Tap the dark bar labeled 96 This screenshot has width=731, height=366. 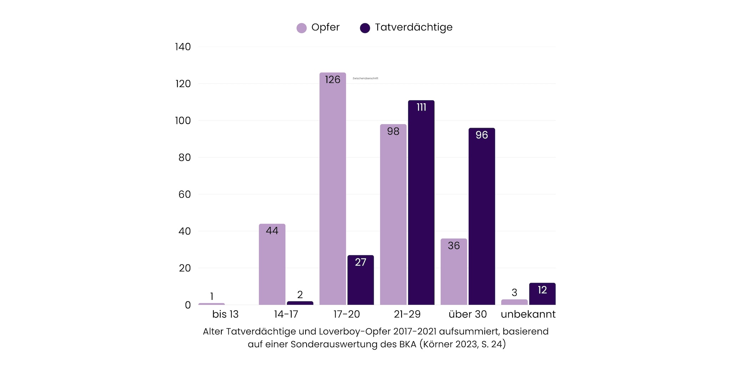point(482,218)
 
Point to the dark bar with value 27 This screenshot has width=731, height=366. point(361,282)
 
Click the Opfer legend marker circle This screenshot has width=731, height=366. point(302,28)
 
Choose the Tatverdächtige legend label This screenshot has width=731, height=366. point(414,27)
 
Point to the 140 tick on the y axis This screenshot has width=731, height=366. point(183,47)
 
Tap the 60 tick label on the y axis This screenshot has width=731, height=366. point(185,194)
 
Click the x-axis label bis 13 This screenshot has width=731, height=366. point(225,314)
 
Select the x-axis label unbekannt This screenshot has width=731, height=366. point(528,314)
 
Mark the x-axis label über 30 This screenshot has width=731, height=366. point(468,314)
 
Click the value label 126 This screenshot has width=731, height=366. point(332,80)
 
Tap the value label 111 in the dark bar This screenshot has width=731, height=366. point(421,107)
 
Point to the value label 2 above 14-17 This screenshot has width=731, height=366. point(300,295)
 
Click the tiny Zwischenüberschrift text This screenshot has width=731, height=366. point(365,78)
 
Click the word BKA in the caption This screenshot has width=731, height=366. point(407,344)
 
